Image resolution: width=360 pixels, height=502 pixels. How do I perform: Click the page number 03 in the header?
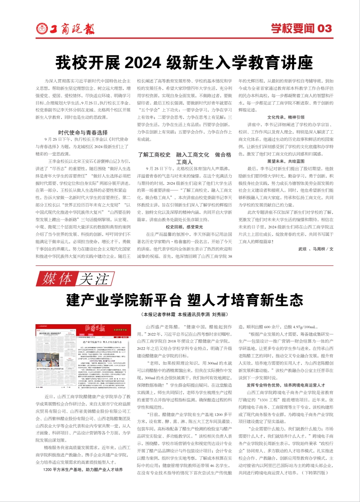pos(324,29)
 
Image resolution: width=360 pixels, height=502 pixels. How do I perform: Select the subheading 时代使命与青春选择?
pos(82,132)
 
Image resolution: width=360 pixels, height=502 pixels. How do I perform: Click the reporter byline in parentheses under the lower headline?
pos(184,315)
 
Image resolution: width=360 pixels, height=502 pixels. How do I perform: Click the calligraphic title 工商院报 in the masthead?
pos(72,29)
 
